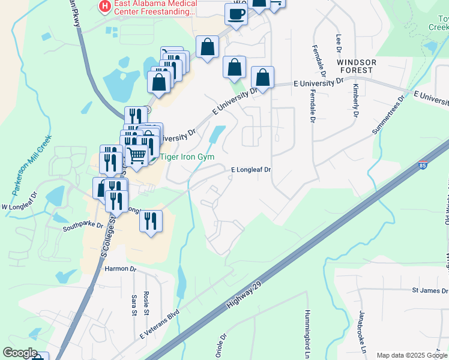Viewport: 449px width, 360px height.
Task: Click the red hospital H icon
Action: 105,7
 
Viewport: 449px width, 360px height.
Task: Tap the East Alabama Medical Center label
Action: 152,7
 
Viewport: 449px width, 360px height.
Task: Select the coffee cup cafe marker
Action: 236,14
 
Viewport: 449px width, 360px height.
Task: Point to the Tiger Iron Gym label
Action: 187,157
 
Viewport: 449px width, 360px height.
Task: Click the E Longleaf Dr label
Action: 252,170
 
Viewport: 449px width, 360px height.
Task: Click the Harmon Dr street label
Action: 121,269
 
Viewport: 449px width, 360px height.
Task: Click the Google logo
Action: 20,353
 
